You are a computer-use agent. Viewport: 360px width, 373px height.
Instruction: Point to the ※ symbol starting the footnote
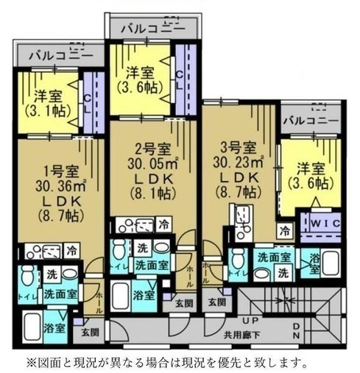click(x=32, y=362)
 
